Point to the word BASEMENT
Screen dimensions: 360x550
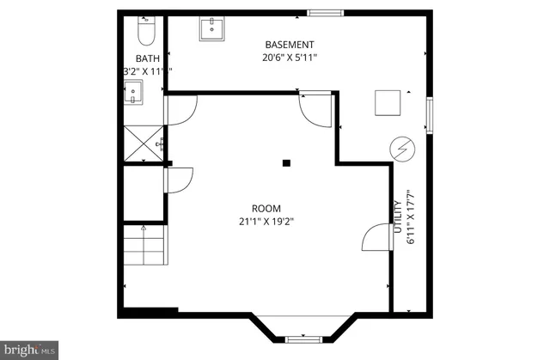[290, 45]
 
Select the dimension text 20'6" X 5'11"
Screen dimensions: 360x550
[290, 58]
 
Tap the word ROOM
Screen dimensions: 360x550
[266, 208]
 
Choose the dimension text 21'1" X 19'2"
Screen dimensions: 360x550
[266, 222]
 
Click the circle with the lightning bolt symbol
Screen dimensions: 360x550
[401, 149]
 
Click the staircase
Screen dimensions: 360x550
[143, 249]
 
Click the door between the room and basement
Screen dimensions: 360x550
[315, 110]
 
